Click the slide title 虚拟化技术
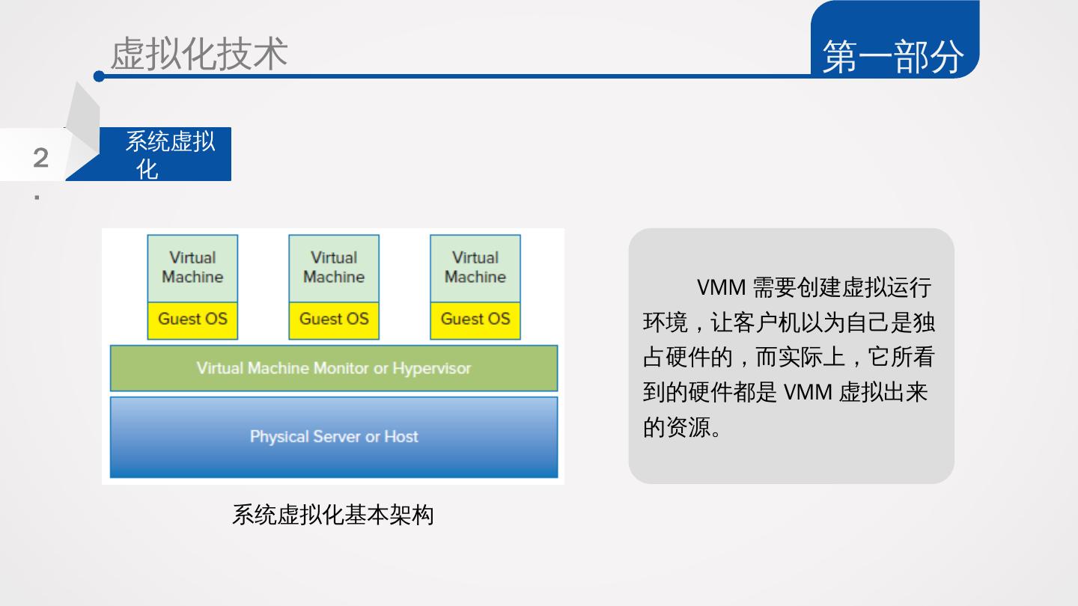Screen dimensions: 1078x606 coord(199,54)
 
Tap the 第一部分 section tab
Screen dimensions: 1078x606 coord(893,56)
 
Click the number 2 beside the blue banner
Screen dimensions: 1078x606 coord(41,158)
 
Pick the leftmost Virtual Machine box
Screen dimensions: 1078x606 coord(192,268)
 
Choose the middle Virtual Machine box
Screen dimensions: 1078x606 coord(334,268)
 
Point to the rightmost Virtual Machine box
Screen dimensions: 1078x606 coord(475,268)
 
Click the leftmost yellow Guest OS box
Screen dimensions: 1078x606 coord(192,319)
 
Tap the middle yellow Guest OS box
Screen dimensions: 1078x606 coord(334,319)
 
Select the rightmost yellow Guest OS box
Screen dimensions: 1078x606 coord(475,319)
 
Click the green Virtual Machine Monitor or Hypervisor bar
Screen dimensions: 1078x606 coord(334,368)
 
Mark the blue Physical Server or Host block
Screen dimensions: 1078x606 coord(334,437)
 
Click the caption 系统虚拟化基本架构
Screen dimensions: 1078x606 coord(333,515)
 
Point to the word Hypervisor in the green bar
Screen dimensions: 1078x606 coord(432,368)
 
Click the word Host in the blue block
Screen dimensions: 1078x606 coord(401,437)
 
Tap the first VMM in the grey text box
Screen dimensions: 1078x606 coord(721,287)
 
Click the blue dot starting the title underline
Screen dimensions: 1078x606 coord(99,76)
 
